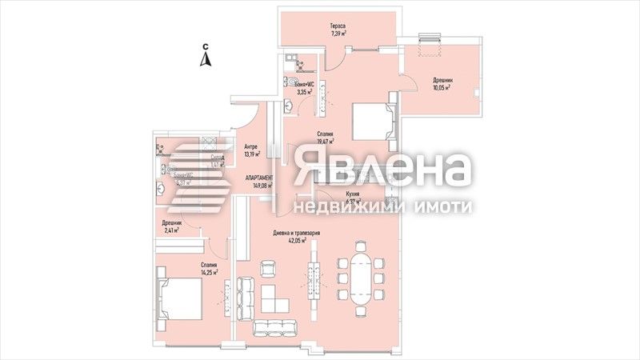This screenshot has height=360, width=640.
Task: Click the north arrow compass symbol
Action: pos(206,56)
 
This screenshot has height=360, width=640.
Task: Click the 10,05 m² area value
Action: pos(442,87)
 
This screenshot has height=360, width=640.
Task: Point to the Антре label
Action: pos(250,146)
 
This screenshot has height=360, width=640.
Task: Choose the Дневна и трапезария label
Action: pos(297,234)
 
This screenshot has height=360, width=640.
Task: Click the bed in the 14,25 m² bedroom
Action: pos(179,298)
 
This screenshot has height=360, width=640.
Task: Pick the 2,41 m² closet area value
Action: pos(171,230)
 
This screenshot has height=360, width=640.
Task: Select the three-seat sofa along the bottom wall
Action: pos(273,326)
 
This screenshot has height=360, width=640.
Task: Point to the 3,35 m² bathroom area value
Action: pos(304,92)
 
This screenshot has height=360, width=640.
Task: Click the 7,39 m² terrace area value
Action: pos(338,34)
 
